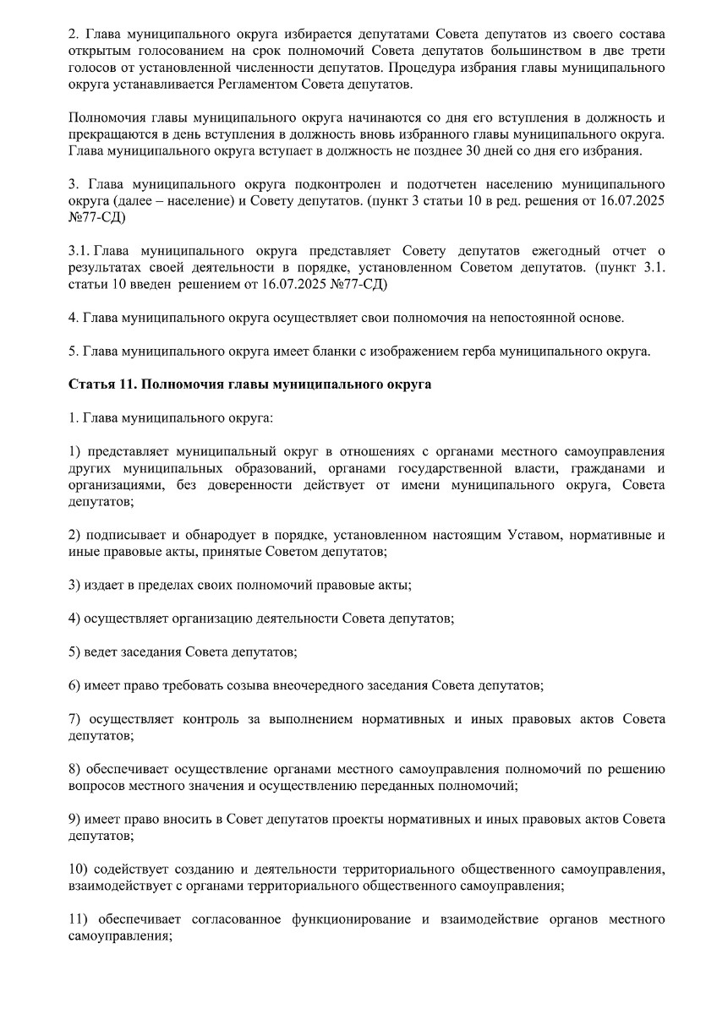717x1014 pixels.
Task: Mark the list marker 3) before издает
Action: coord(74,585)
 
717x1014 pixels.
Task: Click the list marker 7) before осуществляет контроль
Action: coord(74,719)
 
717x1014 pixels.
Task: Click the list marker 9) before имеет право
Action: coord(74,819)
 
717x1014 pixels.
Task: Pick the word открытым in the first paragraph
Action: coord(96,51)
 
